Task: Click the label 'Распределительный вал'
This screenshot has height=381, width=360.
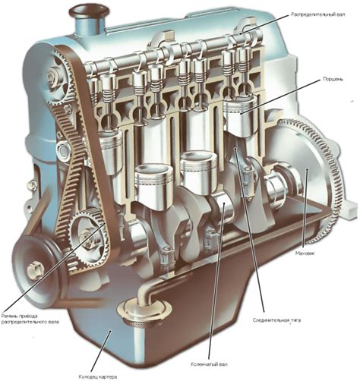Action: click(317, 14)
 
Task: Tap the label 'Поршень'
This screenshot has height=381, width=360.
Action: click(333, 79)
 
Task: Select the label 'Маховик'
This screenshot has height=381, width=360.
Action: click(305, 253)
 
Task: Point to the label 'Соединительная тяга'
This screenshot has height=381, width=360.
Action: click(276, 320)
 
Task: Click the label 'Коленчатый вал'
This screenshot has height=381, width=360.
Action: click(209, 364)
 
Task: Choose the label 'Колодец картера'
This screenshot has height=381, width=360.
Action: click(98, 376)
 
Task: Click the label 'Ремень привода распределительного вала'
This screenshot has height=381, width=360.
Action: click(30, 319)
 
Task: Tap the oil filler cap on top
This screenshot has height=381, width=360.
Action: click(89, 11)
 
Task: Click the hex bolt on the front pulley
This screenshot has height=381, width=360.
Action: click(36, 270)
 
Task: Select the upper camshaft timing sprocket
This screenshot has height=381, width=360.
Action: click(58, 77)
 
